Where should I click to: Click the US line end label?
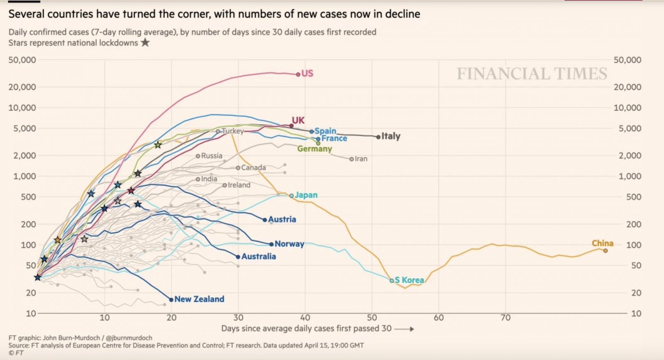[307, 73]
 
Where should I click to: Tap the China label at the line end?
[602, 243]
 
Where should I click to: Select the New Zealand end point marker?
[171, 299]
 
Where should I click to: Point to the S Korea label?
[409, 280]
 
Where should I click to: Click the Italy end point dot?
[378, 137]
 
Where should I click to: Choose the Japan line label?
[306, 195]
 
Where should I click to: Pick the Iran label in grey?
[361, 159]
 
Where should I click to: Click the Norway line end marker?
[271, 244]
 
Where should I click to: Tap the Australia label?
[259, 257]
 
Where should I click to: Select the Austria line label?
[282, 219]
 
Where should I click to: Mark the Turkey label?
[233, 131]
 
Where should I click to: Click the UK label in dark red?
[298, 120]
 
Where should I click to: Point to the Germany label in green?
[315, 149]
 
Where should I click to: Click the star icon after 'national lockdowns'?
[145, 42]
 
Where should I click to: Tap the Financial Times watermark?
[532, 74]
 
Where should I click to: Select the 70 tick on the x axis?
[505, 318]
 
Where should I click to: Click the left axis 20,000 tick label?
[22, 87]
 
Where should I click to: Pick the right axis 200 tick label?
[633, 224]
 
